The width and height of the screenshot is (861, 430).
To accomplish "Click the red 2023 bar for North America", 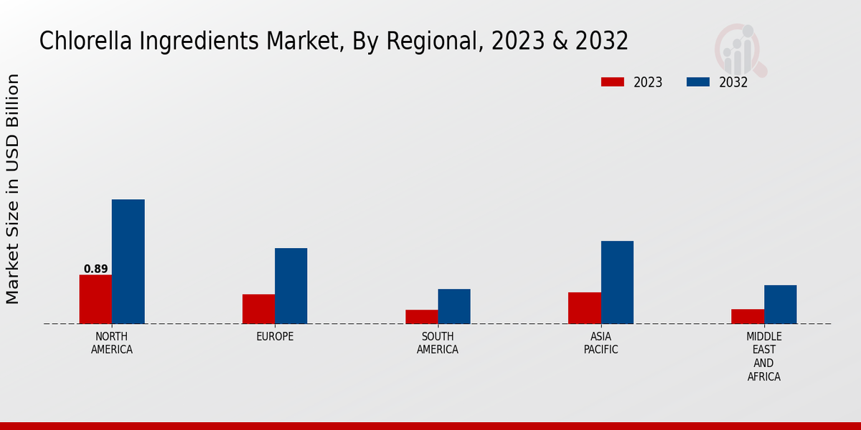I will click(95, 299).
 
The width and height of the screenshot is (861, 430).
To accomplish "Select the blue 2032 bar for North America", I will click(128, 262).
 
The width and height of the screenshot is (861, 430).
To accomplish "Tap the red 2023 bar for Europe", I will click(258, 309).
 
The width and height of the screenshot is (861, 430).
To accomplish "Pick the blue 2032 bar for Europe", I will click(291, 286).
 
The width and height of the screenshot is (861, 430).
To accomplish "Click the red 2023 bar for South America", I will click(421, 317).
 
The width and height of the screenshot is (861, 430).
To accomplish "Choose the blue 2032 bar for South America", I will click(454, 306).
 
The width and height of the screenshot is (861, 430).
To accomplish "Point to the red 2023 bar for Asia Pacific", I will click(584, 308).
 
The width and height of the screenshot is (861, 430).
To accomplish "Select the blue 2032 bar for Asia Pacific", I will click(617, 282).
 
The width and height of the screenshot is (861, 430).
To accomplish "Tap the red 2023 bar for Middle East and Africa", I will click(748, 316).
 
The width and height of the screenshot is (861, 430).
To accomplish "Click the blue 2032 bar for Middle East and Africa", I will click(780, 305).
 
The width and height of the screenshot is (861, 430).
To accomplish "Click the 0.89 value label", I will click(95, 269).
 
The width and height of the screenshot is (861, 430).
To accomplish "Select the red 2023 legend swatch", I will click(612, 82).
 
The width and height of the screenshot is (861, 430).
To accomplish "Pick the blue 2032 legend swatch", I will click(697, 82).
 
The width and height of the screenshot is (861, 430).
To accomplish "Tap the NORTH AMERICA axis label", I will click(112, 343).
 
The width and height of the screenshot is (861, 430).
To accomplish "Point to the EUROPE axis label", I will click(275, 337).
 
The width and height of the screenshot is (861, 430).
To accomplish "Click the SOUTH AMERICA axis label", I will click(438, 343).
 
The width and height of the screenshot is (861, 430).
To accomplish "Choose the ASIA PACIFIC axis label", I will click(601, 343).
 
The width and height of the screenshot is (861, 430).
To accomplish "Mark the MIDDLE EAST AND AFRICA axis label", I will click(764, 357).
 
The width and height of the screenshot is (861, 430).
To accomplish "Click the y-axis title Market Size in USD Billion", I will click(13, 189).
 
